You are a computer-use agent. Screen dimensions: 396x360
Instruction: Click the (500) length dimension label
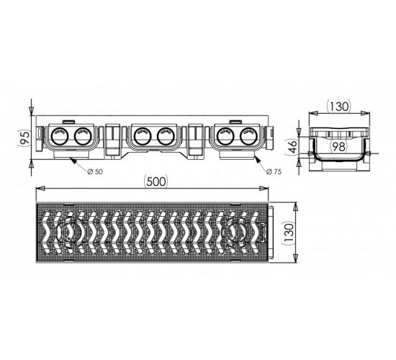[155, 181]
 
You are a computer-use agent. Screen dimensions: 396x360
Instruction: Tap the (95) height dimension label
[24, 138]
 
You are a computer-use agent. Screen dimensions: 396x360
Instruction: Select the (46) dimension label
[293, 147]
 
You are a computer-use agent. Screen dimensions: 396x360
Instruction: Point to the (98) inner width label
[338, 147]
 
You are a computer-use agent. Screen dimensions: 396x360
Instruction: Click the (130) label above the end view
[338, 107]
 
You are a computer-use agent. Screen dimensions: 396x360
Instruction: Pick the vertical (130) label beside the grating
[289, 233]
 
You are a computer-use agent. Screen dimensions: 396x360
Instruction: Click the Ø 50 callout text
[95, 172]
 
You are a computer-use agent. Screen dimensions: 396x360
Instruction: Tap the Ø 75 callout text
[274, 172]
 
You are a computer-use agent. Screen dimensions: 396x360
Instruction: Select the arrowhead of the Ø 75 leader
[257, 159]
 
